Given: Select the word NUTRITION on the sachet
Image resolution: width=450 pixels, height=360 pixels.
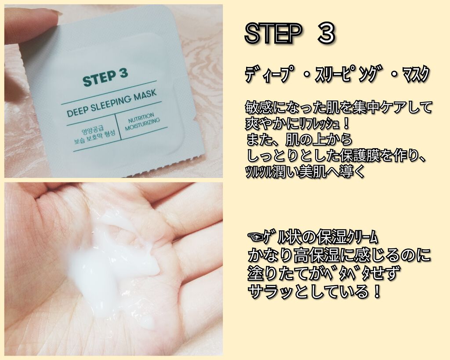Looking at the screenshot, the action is [141, 118].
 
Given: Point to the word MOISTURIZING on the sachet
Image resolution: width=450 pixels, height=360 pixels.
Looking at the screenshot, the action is [142, 124].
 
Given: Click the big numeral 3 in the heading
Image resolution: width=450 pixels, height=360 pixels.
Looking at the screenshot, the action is [326, 33].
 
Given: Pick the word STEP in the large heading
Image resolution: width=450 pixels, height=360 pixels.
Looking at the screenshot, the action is [273, 33].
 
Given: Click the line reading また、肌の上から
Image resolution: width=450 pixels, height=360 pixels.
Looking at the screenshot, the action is [299, 140].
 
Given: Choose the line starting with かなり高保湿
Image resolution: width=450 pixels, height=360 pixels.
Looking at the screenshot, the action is [339, 255].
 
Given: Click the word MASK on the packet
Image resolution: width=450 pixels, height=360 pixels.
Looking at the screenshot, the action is [145, 95].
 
